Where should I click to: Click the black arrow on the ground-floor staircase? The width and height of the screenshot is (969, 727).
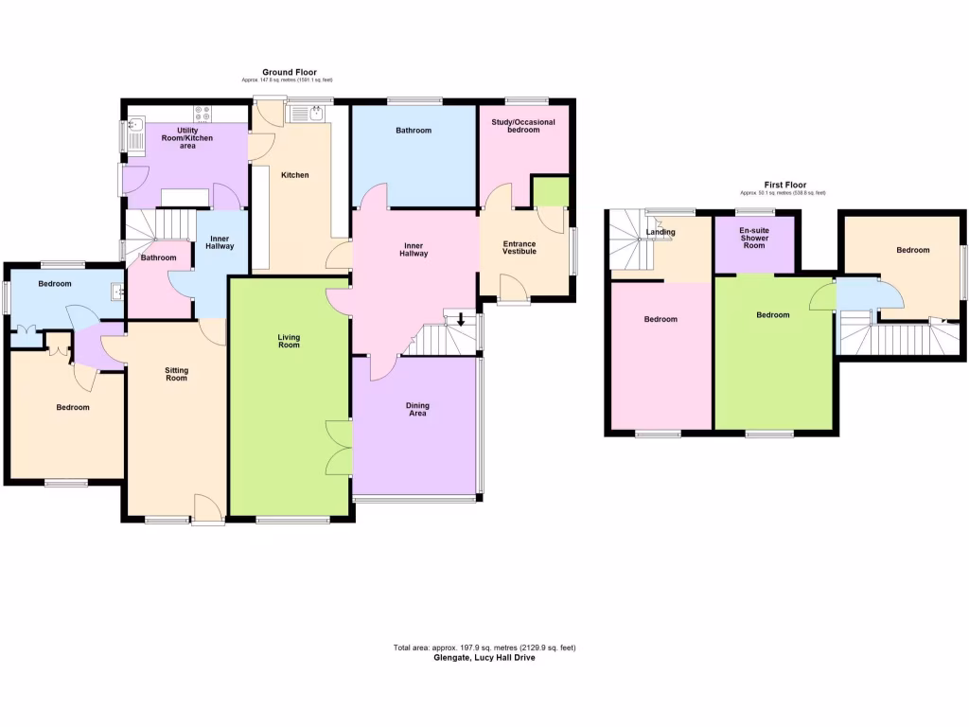[461, 319]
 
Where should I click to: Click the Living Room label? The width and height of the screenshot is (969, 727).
[289, 341]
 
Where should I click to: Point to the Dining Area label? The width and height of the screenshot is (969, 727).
[417, 409]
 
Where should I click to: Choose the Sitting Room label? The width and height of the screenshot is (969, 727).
[176, 374]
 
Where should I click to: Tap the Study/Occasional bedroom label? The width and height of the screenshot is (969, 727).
[523, 126]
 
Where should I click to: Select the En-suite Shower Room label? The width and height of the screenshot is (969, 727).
[754, 238]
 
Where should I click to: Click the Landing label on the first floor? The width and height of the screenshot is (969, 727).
[661, 232]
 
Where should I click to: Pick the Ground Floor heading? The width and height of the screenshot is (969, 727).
[290, 72]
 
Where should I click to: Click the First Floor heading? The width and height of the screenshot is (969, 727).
[784, 185]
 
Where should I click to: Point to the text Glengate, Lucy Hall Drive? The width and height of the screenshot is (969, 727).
[484, 658]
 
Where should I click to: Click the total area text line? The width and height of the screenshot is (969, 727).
[484, 647]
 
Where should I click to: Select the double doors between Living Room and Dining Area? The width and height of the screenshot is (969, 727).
[339, 447]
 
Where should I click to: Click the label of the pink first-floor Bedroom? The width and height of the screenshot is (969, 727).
[661, 319]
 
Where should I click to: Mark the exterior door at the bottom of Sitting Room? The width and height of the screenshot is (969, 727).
[207, 508]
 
